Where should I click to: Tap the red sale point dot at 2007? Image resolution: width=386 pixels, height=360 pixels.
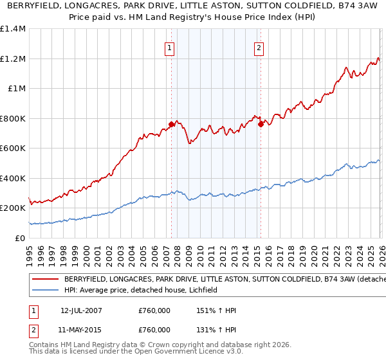coord(171,124)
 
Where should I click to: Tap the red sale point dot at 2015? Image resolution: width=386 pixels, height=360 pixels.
coord(261,124)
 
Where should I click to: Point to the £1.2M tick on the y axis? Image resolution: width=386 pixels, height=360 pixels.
coord(13,59)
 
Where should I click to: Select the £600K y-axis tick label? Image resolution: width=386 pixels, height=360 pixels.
coord(13,148)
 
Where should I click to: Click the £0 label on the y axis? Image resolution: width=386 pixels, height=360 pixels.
coord(21,238)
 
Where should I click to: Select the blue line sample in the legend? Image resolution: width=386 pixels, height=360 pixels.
coord(45,290)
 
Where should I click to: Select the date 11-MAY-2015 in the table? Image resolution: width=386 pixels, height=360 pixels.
coord(81,329)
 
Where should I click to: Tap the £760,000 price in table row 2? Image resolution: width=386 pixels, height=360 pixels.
coord(154,329)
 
